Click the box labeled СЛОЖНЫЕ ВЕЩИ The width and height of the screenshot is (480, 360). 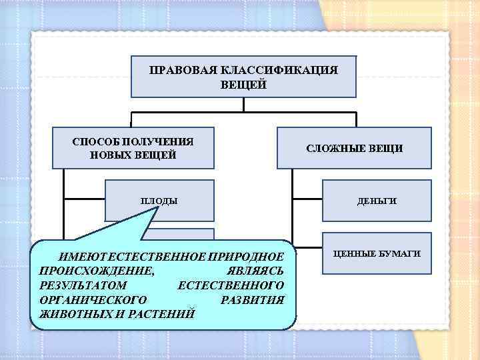click(353, 148)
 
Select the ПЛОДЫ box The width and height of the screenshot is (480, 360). click(159, 201)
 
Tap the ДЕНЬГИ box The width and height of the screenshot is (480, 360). click(377, 201)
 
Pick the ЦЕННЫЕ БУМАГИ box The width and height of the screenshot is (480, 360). click(377, 254)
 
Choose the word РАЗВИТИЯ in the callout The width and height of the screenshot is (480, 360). click(251, 299)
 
